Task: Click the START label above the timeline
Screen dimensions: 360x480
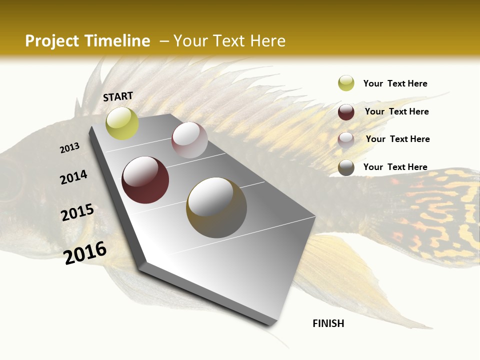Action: tap(118, 96)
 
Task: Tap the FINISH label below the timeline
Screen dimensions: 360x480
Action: tap(328, 323)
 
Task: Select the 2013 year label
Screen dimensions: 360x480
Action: tap(70, 148)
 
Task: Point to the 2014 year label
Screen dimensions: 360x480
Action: tap(74, 177)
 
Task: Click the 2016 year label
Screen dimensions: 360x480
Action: tap(85, 252)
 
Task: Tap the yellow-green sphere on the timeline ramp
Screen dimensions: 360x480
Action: tap(122, 123)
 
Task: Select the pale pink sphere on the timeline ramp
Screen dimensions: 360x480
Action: tap(189, 140)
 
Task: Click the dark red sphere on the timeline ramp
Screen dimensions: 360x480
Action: tap(145, 180)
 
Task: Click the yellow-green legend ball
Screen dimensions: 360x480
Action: tap(346, 83)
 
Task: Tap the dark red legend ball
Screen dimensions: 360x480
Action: tap(346, 112)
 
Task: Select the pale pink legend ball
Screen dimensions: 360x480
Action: tap(346, 139)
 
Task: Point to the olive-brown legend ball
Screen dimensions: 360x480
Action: tap(346, 167)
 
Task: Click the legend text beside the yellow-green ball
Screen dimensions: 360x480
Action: tap(395, 84)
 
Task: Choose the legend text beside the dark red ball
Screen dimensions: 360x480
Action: tap(396, 111)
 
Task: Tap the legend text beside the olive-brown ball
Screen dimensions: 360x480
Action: tap(395, 167)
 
